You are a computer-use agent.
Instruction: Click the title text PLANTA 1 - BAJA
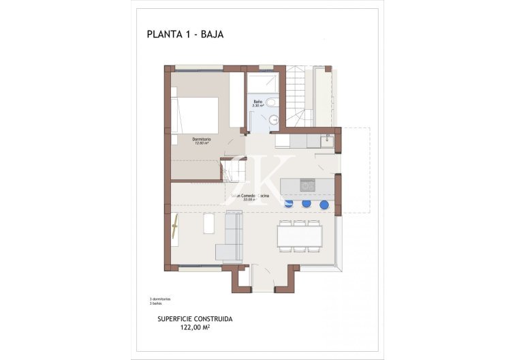(x=185, y=34)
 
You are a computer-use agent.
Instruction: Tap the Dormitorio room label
(x=201, y=139)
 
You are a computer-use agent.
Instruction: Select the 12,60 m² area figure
(x=201, y=144)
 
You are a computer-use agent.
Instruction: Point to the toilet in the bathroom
(x=272, y=103)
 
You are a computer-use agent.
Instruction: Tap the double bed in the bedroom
(x=196, y=115)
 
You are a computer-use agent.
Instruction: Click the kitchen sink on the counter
(x=328, y=140)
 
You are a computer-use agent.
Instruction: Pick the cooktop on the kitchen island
(x=308, y=185)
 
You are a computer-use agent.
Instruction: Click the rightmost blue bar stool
(x=324, y=204)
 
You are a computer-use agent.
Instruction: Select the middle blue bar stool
(x=307, y=204)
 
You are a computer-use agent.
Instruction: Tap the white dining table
(x=300, y=236)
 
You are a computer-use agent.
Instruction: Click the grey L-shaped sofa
(x=231, y=235)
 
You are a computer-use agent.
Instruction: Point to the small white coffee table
(x=209, y=223)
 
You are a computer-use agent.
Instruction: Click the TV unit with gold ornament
(x=175, y=228)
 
